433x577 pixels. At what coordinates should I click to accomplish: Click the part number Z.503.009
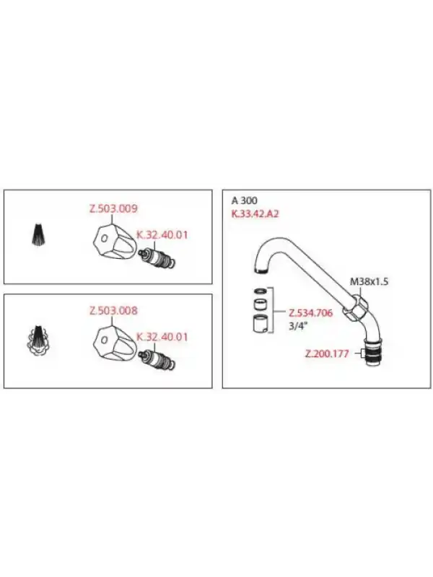click(x=113, y=208)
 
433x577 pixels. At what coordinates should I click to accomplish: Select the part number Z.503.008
click(x=113, y=311)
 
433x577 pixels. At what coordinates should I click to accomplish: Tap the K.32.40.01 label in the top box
click(x=162, y=235)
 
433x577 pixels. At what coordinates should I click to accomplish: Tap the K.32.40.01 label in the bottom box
click(x=162, y=337)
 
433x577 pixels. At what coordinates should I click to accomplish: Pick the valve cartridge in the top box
click(x=157, y=258)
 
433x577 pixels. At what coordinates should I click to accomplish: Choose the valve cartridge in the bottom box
click(x=157, y=360)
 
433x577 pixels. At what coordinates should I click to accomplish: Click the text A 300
click(x=244, y=201)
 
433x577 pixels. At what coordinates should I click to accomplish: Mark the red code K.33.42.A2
click(x=255, y=213)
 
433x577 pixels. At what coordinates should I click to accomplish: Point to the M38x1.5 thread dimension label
click(x=369, y=282)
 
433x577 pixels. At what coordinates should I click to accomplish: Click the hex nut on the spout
click(x=356, y=306)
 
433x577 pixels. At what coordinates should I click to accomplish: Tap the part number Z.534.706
click(x=310, y=313)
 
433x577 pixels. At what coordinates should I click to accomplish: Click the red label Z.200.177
click(x=327, y=354)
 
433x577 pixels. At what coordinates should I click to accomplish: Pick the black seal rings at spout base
click(x=375, y=353)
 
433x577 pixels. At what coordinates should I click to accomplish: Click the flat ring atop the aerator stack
click(x=261, y=291)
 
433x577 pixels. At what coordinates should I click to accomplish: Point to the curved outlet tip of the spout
click(x=262, y=270)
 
